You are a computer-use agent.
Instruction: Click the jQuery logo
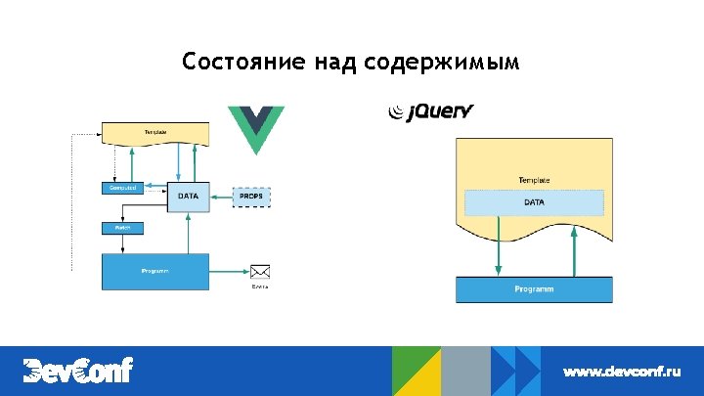431,112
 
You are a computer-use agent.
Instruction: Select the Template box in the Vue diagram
155,132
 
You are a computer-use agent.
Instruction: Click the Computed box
123,187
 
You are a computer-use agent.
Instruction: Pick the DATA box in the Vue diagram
188,196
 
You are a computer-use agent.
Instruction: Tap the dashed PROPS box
251,196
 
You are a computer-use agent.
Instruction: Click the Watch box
123,228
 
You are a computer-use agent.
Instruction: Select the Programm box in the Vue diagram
155,271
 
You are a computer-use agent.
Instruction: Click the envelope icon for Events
259,272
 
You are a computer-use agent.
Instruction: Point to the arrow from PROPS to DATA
220,196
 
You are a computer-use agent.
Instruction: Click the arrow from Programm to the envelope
229,272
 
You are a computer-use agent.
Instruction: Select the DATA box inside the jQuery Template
534,202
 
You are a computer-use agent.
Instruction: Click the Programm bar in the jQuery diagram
534,289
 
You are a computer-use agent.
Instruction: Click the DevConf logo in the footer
77,371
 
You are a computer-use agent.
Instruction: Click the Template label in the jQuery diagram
534,180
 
